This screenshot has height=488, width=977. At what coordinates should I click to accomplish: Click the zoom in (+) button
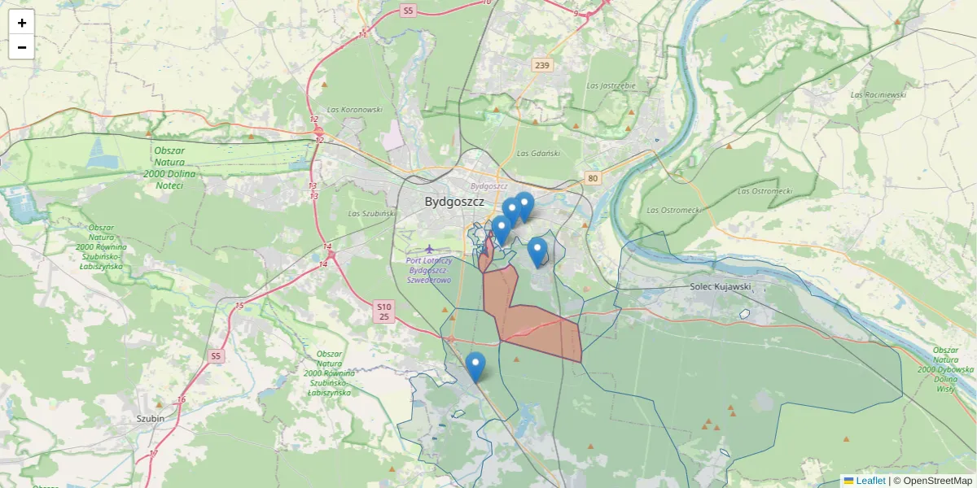(x=22, y=23)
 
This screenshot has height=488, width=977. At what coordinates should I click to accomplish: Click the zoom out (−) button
(x=22, y=47)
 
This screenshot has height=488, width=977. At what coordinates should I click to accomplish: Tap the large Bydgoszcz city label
(x=454, y=201)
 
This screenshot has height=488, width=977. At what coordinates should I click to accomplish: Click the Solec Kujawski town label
(x=720, y=287)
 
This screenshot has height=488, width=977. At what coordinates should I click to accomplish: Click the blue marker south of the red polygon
(x=475, y=368)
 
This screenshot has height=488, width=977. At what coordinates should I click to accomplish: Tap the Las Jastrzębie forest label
(x=611, y=85)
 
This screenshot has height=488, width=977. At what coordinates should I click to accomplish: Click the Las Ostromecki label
(x=765, y=190)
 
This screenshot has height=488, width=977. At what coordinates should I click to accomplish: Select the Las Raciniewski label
(x=878, y=94)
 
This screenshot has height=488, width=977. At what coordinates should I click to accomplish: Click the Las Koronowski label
(x=354, y=109)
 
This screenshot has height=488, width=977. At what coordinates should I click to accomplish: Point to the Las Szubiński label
(x=371, y=213)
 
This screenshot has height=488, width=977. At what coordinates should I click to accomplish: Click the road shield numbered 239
(x=542, y=65)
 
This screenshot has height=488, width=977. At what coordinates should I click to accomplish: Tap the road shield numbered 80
(x=593, y=177)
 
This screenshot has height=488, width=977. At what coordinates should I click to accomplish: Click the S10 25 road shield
(x=384, y=311)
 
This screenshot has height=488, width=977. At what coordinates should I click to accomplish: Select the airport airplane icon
(x=429, y=248)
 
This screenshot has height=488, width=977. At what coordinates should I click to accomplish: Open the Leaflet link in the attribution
(x=870, y=481)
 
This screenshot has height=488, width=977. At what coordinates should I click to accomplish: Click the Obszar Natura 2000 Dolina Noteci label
(x=169, y=168)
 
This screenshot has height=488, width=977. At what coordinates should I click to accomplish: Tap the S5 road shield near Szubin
(x=215, y=355)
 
